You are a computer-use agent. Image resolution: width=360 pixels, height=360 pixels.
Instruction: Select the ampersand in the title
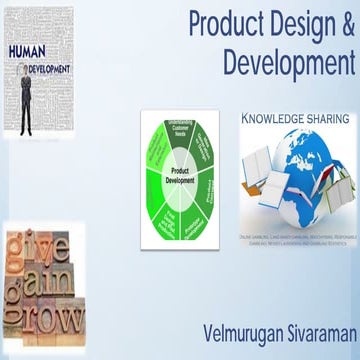346,25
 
